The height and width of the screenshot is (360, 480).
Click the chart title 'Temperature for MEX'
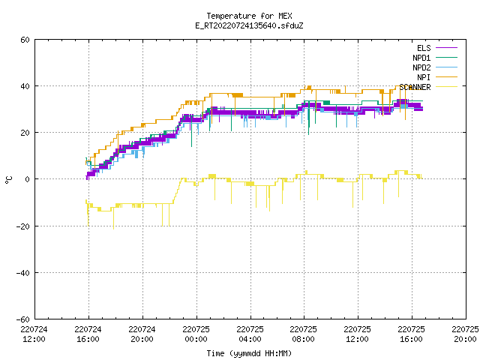tap(249, 16)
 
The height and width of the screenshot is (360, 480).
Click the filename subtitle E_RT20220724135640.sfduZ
tap(249, 25)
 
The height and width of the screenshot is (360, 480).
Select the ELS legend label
tap(424, 48)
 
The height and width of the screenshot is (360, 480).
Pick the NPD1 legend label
tap(421, 58)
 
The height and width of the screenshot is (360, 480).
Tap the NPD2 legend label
tap(421, 67)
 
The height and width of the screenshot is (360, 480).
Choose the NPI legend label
tap(424, 77)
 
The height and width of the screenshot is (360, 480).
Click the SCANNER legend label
tap(415, 87)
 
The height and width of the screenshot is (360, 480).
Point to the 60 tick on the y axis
tap(25, 40)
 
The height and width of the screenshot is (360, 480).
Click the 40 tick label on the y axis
tap(25, 86)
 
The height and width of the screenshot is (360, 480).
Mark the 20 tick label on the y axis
tap(25, 133)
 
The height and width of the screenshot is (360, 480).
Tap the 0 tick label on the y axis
tap(27, 179)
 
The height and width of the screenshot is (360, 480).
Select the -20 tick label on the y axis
tap(23, 226)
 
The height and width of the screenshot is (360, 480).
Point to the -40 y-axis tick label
tap(23, 273)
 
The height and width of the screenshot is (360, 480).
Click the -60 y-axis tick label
tap(23, 319)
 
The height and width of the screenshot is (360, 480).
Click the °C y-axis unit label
tap(8, 180)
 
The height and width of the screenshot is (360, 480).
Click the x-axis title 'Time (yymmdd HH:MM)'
tap(249, 353)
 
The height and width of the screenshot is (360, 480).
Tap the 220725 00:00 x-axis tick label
tap(196, 334)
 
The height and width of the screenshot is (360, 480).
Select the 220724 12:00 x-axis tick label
tap(34, 334)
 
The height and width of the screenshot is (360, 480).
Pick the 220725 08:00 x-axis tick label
tap(303, 334)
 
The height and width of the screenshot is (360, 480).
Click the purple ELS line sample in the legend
tap(446, 48)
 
